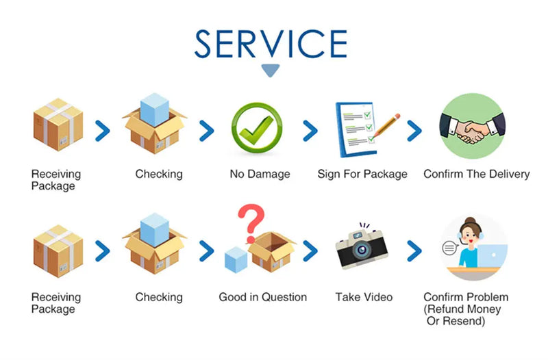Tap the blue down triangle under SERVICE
(x=271, y=70)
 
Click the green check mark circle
(x=257, y=129)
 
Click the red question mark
(x=252, y=221)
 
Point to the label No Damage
(x=260, y=175)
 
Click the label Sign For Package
(x=362, y=175)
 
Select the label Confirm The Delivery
(x=477, y=175)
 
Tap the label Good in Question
(x=263, y=297)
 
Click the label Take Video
(x=364, y=297)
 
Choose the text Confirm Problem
(x=466, y=297)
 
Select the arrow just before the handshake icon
(x=414, y=130)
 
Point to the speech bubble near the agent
(x=450, y=248)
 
